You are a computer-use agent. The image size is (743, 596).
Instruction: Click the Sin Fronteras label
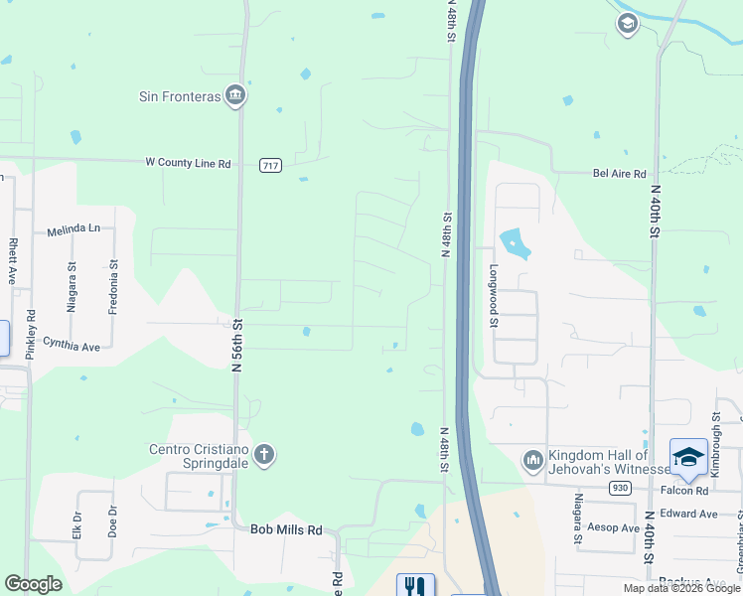(179, 96)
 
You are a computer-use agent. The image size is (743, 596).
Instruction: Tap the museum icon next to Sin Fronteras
(235, 96)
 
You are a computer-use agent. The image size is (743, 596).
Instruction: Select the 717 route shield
(270, 165)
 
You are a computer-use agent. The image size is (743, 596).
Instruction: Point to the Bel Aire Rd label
(619, 172)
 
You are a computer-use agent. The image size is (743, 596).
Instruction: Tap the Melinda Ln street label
(74, 229)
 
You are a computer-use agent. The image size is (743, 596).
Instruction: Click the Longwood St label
(492, 295)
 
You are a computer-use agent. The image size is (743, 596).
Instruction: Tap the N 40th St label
(655, 214)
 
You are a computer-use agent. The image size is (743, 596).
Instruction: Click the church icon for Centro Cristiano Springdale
(263, 456)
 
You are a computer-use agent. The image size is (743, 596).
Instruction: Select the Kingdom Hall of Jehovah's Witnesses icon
(531, 459)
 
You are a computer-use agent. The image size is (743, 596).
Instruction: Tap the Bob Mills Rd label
(286, 530)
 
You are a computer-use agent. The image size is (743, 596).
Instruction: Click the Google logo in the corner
(33, 584)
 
